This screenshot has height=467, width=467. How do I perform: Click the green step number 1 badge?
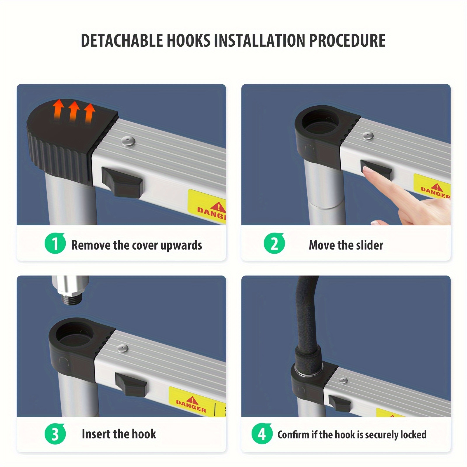coord(55,243)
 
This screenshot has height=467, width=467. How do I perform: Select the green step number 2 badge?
coord(274,243)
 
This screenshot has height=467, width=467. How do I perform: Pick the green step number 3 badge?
coord(55,434)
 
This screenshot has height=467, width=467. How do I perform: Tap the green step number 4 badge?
coord(262,434)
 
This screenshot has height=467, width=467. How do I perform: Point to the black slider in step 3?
coord(131,384)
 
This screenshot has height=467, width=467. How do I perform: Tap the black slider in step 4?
coord(340,403)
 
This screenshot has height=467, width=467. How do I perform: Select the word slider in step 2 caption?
coord(370,245)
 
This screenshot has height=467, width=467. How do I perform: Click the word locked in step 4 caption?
coord(413,435)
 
